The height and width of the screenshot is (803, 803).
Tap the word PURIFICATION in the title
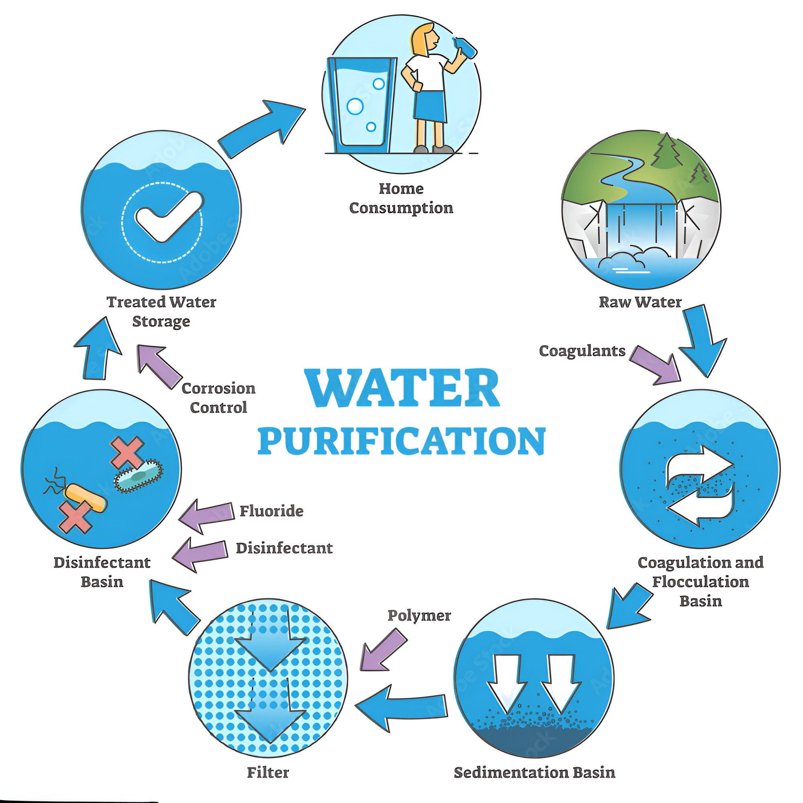click(x=401, y=441)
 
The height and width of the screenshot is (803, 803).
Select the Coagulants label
click(x=582, y=351)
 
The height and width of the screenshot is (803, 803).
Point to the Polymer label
click(x=419, y=615)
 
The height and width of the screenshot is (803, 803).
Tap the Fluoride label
click(x=271, y=511)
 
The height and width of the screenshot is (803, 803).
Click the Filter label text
click(x=268, y=772)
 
